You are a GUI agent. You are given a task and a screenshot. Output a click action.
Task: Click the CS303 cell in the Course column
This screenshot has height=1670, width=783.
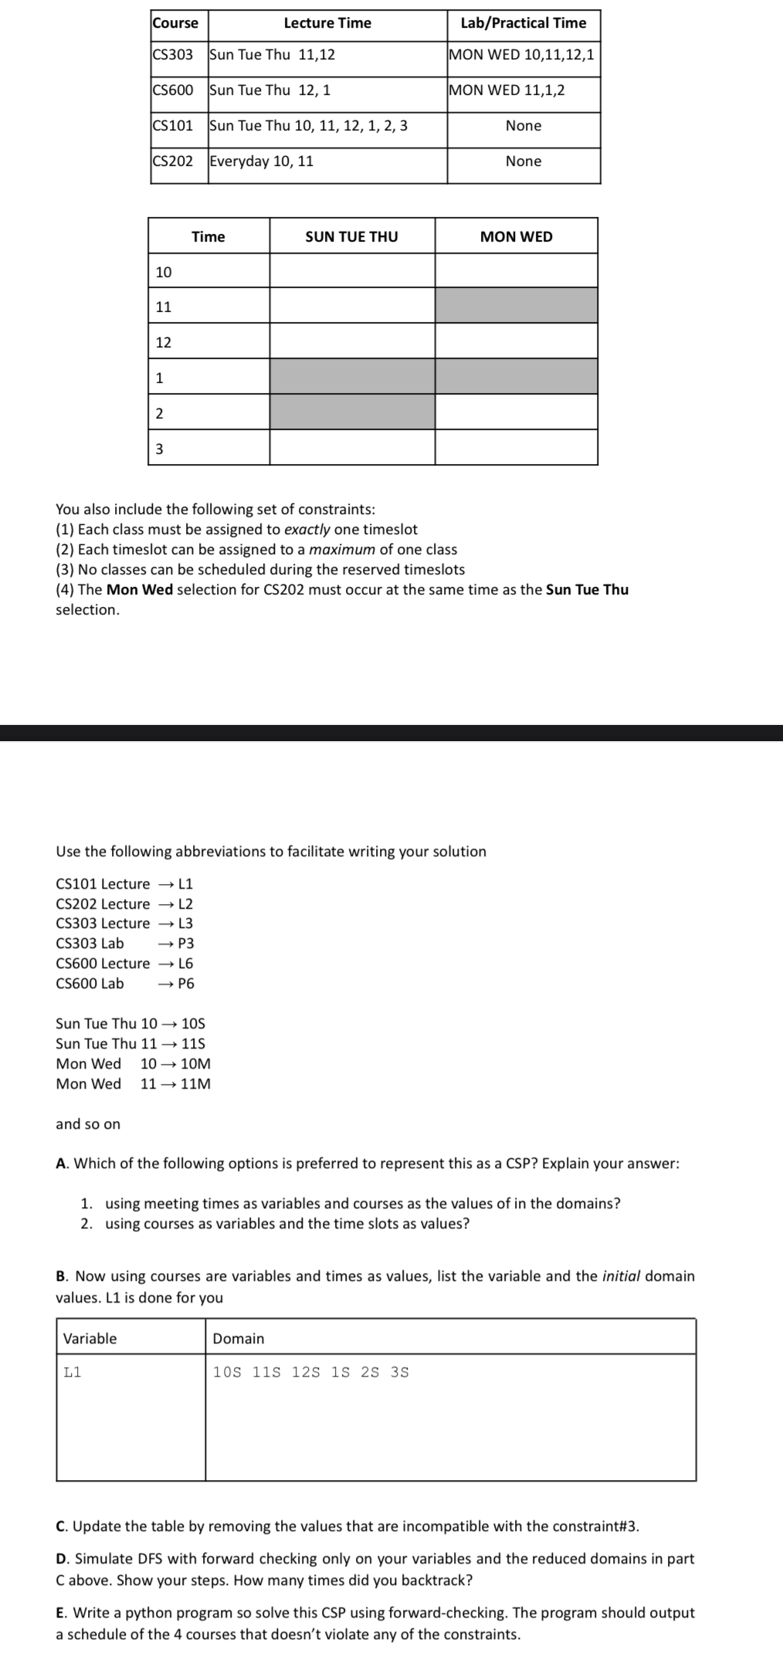click(172, 55)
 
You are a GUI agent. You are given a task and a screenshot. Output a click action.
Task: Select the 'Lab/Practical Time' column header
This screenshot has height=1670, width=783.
click(523, 23)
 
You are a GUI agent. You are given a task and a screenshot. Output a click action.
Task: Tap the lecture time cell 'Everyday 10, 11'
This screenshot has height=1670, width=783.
click(262, 161)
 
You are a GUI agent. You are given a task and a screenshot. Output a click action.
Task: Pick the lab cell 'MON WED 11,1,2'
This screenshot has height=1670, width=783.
click(507, 90)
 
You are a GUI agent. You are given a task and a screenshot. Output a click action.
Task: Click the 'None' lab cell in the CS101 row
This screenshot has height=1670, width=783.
click(524, 126)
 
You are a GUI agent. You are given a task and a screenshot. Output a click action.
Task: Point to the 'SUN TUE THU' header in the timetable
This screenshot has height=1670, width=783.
click(351, 237)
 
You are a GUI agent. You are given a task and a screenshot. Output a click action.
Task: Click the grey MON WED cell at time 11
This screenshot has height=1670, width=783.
click(516, 306)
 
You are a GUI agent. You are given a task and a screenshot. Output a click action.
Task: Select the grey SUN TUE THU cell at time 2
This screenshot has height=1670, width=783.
click(352, 412)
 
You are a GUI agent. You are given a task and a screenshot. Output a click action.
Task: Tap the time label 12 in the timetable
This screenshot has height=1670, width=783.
click(164, 342)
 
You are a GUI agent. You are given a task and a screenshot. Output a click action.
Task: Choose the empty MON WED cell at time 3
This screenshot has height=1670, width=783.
click(516, 448)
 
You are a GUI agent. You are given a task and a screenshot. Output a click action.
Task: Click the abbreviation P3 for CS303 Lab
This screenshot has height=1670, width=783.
click(186, 943)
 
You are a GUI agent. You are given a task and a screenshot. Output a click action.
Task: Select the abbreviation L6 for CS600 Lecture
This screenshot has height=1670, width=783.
click(186, 964)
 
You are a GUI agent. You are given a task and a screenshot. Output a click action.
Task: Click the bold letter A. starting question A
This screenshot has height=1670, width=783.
click(62, 1164)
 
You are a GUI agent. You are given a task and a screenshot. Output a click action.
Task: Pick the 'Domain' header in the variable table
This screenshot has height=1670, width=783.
click(239, 1339)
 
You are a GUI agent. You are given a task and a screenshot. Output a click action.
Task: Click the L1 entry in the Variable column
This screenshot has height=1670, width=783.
click(73, 1372)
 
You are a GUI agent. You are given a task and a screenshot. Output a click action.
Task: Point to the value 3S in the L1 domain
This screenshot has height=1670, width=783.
click(400, 1372)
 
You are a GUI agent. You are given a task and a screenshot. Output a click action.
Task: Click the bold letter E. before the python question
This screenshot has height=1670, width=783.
click(61, 1613)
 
